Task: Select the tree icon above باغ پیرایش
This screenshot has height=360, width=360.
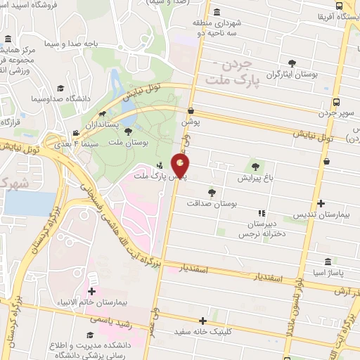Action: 255,167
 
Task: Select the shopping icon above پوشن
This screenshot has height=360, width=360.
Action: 191,110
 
